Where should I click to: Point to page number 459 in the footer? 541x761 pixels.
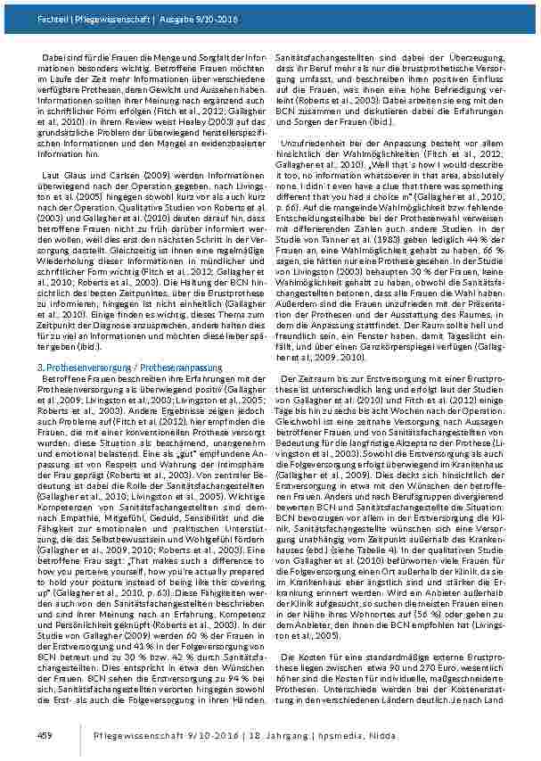coord(45,733)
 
